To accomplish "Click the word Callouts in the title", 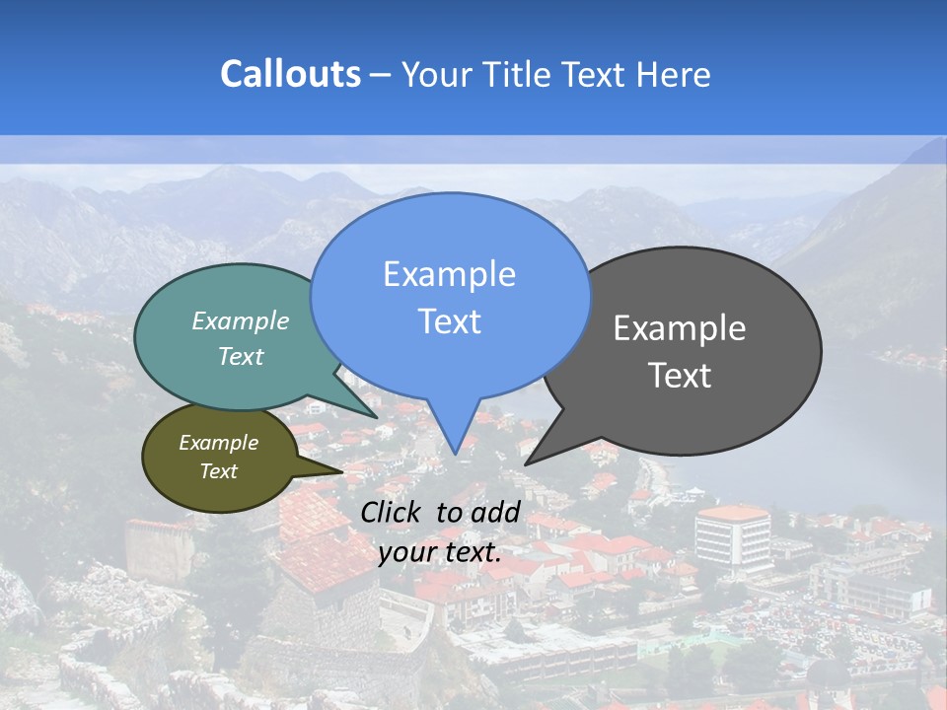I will (290, 74).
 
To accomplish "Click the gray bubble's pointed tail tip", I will (528, 462).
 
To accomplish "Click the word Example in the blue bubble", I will (449, 274).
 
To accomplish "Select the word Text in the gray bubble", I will (680, 376).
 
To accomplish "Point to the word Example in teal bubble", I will (241, 321).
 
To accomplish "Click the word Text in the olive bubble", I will (219, 471).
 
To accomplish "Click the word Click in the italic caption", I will (393, 512).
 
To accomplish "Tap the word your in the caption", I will (406, 552).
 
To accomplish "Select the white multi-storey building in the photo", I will (733, 537).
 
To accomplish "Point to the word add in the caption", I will (495, 512).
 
